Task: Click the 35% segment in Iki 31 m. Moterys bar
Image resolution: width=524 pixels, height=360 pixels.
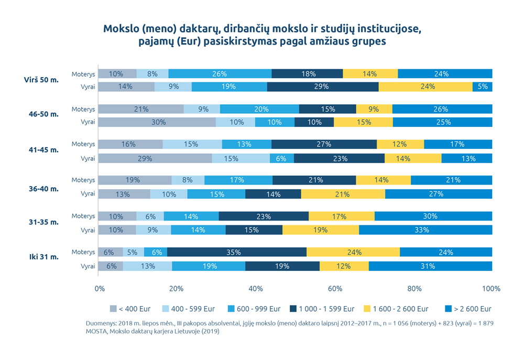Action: coord(236,252)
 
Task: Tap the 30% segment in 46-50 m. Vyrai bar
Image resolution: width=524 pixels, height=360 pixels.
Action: coord(157,122)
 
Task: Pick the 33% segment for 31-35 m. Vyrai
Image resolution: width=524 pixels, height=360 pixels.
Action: coord(425,230)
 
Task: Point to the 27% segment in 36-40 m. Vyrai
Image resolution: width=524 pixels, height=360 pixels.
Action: coord(439,194)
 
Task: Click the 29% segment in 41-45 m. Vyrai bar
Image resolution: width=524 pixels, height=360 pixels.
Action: coord(155,158)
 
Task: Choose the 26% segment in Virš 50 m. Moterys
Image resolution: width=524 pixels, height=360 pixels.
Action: coord(220,74)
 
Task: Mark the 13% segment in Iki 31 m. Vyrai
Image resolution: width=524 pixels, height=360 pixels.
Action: coord(147,266)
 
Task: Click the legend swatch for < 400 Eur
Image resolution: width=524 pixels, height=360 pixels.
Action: coord(113,309)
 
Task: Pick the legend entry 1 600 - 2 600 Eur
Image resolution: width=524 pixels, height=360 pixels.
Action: coord(401,309)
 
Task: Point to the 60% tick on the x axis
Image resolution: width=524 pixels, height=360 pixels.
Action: coord(335,289)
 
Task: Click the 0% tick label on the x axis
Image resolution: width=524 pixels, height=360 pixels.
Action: coord(99,289)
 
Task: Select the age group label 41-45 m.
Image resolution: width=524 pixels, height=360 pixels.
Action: coord(43,150)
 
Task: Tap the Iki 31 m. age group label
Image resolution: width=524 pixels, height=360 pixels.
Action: coord(43,257)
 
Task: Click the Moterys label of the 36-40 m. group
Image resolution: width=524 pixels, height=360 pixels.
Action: coord(83,180)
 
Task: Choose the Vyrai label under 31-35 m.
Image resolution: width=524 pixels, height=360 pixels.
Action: coord(88,230)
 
